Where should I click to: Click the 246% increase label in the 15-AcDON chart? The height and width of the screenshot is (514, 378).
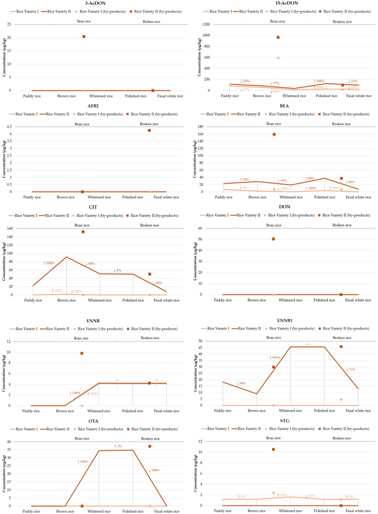(x=318, y=81)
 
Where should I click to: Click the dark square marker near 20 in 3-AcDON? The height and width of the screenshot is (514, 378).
(x=84, y=37)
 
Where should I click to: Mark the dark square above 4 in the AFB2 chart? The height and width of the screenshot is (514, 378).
(x=149, y=130)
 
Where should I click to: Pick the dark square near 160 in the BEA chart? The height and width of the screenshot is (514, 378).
(x=274, y=134)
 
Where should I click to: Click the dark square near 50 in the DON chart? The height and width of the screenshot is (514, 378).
(x=273, y=239)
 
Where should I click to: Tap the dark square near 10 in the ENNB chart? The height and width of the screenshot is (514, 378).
(x=82, y=353)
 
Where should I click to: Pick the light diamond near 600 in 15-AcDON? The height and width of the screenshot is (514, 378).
(x=278, y=58)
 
